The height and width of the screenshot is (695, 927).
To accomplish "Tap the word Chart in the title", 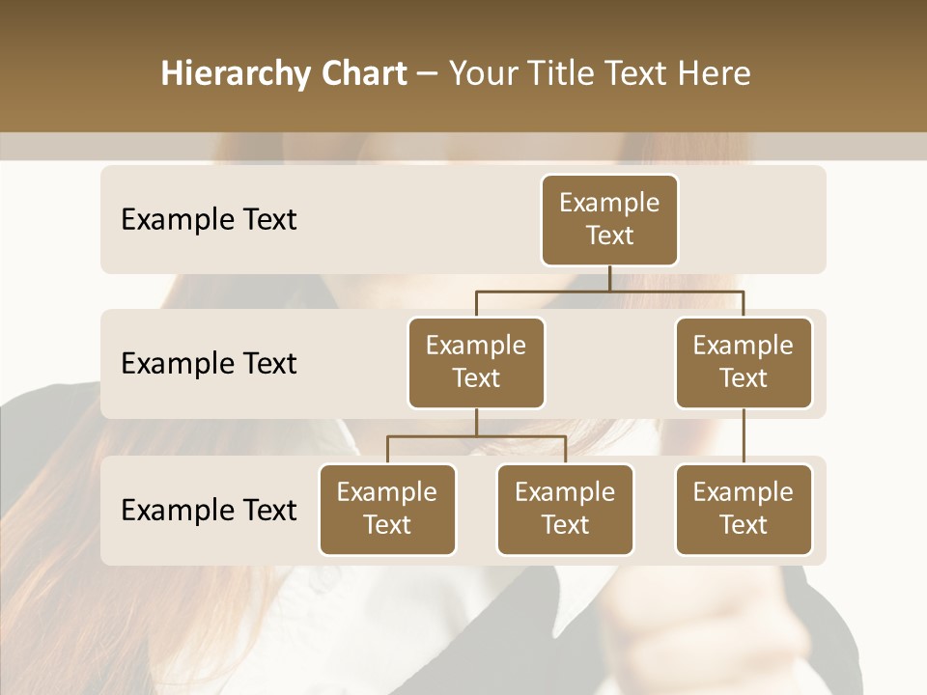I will (361, 74).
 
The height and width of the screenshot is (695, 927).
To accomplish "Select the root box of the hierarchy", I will (609, 219).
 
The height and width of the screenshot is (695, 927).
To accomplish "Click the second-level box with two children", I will (476, 362).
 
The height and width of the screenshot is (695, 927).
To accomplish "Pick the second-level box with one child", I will (744, 362).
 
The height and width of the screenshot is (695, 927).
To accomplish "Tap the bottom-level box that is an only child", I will (744, 509).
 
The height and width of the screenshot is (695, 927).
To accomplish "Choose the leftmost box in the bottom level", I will (387, 509).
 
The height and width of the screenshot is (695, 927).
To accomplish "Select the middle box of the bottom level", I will (565, 509).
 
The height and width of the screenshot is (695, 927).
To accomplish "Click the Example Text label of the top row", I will (209, 219).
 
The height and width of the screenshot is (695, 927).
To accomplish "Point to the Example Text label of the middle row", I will (209, 363).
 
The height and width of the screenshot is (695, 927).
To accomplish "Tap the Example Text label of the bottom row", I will (209, 510).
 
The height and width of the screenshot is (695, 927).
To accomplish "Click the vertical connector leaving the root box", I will (609, 278).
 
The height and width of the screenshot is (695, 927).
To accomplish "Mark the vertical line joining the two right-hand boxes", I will (744, 436).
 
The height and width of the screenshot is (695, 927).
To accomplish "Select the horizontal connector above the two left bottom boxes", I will (476, 436).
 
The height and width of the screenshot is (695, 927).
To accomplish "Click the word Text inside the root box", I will (609, 236).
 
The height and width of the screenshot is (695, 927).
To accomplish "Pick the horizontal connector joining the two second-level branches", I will (609, 291).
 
